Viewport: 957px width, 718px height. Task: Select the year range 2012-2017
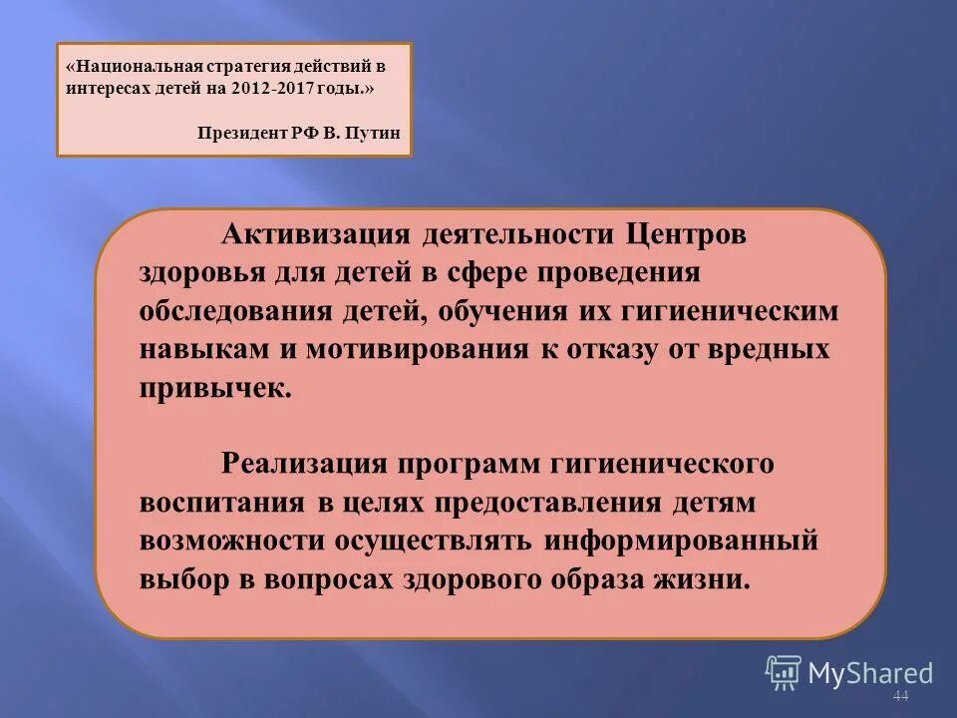click(274, 88)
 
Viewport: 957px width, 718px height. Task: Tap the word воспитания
click(224, 504)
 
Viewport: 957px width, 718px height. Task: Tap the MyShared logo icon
click(784, 673)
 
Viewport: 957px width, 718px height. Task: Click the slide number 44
click(901, 695)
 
